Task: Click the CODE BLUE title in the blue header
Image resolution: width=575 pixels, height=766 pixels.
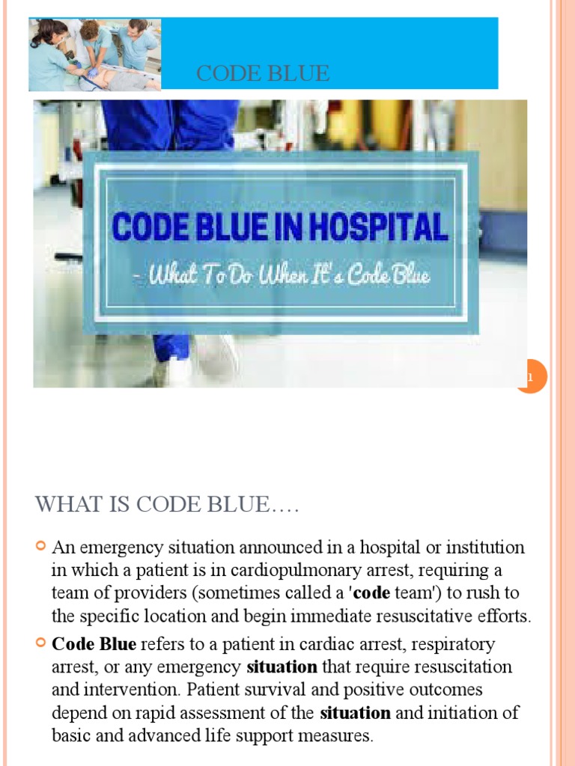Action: (x=262, y=73)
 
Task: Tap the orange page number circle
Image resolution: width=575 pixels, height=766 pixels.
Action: (x=532, y=377)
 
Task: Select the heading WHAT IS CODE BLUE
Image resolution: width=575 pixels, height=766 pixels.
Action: (x=167, y=506)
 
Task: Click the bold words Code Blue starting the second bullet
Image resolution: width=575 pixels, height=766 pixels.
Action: (x=94, y=644)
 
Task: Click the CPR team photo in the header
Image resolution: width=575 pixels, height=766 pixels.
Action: (x=94, y=54)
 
